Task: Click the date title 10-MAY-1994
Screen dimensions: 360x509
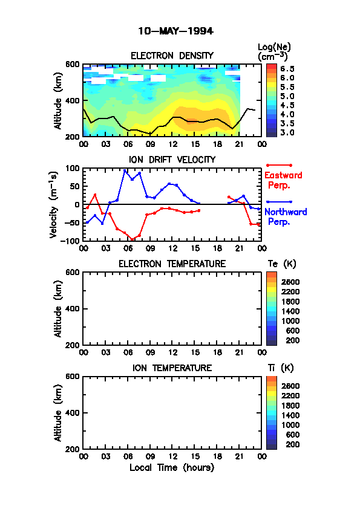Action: point(176,31)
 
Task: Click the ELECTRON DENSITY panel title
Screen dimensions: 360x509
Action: point(172,56)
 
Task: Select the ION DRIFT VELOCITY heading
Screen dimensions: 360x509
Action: point(172,160)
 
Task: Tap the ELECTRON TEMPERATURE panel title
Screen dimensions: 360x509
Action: point(172,264)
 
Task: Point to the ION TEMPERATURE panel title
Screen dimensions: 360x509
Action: point(172,368)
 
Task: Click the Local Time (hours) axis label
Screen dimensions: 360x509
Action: point(172,467)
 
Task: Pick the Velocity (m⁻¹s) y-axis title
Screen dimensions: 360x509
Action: point(54,205)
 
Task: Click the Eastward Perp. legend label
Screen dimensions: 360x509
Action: point(283,180)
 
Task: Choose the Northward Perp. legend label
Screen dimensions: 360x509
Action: point(286,216)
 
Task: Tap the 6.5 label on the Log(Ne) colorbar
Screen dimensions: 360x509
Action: point(287,69)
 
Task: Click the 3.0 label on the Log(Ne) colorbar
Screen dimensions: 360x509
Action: point(287,132)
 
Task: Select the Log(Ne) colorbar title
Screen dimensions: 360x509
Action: point(274,51)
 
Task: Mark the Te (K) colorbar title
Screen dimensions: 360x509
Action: point(282,264)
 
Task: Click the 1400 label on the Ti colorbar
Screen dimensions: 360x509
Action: point(290,415)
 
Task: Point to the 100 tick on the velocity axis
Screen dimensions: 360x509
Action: point(73,168)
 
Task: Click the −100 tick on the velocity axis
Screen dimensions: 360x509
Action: point(70,241)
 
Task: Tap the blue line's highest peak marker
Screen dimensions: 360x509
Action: point(125,170)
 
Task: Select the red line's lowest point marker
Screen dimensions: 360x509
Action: point(133,239)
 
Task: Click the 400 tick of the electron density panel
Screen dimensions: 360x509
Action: point(73,100)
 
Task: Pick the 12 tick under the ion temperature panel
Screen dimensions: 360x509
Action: point(172,456)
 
